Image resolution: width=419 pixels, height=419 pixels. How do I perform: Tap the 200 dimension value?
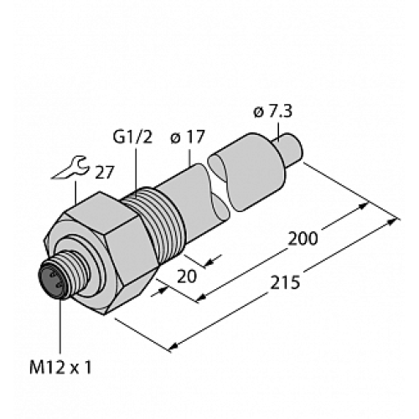coord(303,238)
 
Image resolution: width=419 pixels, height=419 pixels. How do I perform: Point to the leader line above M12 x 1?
coord(60,327)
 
